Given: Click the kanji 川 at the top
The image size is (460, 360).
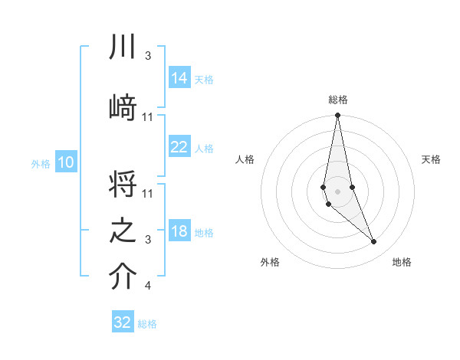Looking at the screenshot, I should click(122, 48).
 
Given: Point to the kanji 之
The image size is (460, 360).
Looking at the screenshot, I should click(122, 231).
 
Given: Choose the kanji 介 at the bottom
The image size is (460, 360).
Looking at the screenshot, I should click(122, 277).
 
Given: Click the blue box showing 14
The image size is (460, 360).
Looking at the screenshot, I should click(179, 78).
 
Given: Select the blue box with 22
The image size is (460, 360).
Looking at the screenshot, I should click(179, 147).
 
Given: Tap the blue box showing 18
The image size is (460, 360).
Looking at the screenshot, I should click(179, 232).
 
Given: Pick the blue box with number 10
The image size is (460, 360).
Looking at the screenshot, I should click(65, 162).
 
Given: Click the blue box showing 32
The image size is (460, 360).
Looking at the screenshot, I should click(123, 322).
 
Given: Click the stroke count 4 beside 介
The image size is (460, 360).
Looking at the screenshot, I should click(147, 286).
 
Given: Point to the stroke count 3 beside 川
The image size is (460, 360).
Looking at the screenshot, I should click(147, 56).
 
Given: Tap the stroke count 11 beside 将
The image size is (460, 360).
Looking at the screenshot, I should click(148, 193).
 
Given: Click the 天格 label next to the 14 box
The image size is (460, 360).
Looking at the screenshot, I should click(204, 79).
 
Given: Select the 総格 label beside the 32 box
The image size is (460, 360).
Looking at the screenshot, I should click(147, 324).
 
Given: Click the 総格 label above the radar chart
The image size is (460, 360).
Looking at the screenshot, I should click(337, 100).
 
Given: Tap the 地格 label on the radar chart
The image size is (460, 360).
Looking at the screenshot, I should click(402, 262).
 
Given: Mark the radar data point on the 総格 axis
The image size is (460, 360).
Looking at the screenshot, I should click(337, 116).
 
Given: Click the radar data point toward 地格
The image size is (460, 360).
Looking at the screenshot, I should click(374, 242).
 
